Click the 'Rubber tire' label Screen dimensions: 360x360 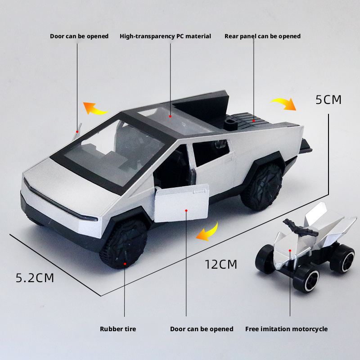[118, 329]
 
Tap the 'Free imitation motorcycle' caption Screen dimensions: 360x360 [286, 329]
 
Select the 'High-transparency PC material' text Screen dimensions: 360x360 [165, 36]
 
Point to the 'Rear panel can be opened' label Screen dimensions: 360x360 [262, 36]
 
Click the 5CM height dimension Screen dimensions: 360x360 [328, 99]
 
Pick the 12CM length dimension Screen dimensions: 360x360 [220, 264]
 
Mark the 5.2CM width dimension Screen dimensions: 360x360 [35, 278]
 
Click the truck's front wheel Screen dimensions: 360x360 [123, 243]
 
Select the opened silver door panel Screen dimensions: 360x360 [182, 203]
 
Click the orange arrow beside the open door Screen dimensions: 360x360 [207, 233]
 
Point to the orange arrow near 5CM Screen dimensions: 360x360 [284, 103]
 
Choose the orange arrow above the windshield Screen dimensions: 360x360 [94, 108]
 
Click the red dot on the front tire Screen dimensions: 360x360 [125, 264]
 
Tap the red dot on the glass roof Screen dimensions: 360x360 [171, 117]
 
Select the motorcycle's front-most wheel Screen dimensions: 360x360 [306, 280]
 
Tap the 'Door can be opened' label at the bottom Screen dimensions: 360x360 [202, 329]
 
